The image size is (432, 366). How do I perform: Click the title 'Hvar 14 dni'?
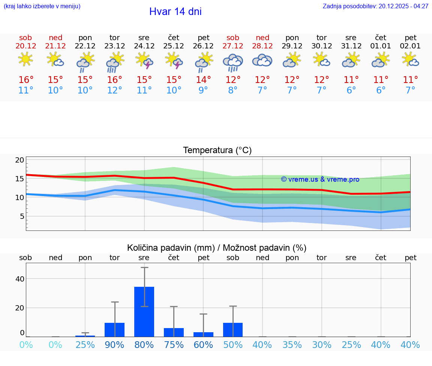tap(175, 12)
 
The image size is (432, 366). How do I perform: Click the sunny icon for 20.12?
tap(25, 59)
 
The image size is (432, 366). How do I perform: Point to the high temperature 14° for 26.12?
tap(203, 80)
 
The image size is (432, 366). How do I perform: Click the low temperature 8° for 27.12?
tap(233, 90)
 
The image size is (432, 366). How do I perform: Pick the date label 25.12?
tap(174, 46)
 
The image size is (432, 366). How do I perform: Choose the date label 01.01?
tap(381, 46)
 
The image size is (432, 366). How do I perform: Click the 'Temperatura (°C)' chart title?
tap(217, 150)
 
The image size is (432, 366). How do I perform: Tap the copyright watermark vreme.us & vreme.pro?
tap(320, 179)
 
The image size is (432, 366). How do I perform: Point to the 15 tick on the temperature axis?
tap(20, 179)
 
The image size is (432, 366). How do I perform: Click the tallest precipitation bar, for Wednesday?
tap(144, 312)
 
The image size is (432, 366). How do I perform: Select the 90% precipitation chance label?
tap(114, 345)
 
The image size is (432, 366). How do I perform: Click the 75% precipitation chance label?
tap(174, 345)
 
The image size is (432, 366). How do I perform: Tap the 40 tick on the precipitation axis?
tap(20, 279)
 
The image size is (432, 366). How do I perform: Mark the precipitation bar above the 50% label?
tap(233, 330)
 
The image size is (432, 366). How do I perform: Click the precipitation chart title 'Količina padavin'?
tap(217, 248)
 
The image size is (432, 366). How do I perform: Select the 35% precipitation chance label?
tap(292, 345)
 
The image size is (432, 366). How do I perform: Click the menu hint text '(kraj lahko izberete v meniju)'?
tap(42, 6)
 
